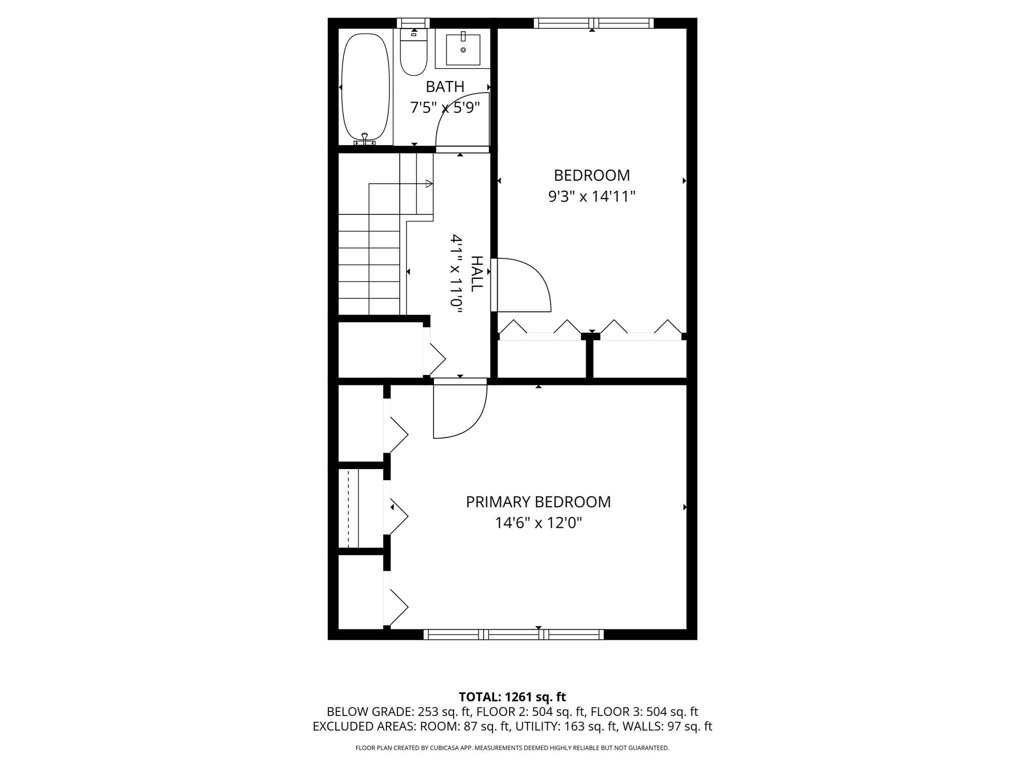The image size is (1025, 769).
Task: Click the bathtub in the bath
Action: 365,88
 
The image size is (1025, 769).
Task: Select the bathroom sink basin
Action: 463,50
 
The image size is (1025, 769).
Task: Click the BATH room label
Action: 445,87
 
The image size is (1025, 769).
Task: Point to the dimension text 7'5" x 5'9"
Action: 445,108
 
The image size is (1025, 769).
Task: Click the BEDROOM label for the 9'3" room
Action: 592,175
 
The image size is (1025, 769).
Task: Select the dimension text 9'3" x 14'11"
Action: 592,196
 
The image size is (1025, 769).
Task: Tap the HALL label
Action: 477,273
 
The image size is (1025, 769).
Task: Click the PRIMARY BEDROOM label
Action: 538,502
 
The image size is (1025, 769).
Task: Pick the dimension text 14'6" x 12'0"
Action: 538,523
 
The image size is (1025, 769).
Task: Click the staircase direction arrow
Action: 428,184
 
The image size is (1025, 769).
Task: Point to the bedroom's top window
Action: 594,23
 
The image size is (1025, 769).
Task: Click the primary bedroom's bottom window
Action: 514,635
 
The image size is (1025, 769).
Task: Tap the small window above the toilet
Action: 413,23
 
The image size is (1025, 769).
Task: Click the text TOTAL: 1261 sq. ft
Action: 512,697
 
